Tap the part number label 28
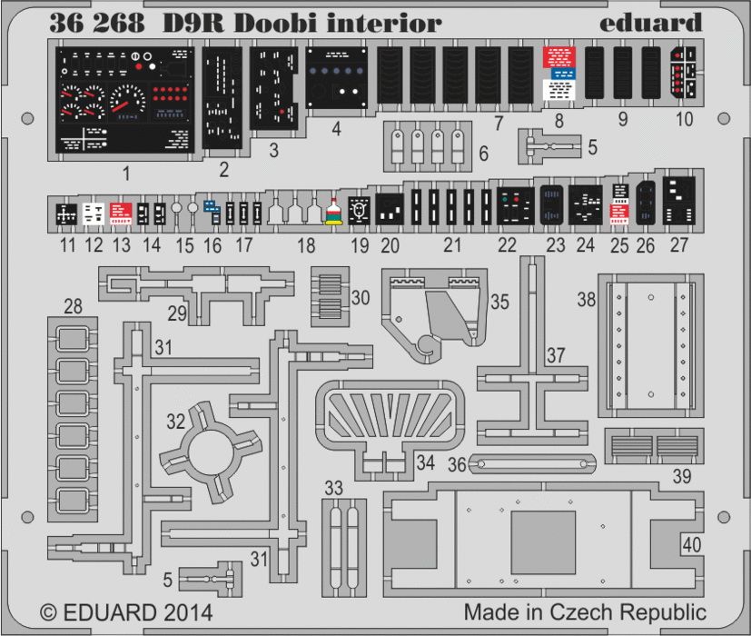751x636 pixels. [x=73, y=307]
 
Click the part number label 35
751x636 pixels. [x=499, y=302]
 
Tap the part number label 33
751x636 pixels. [x=334, y=488]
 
